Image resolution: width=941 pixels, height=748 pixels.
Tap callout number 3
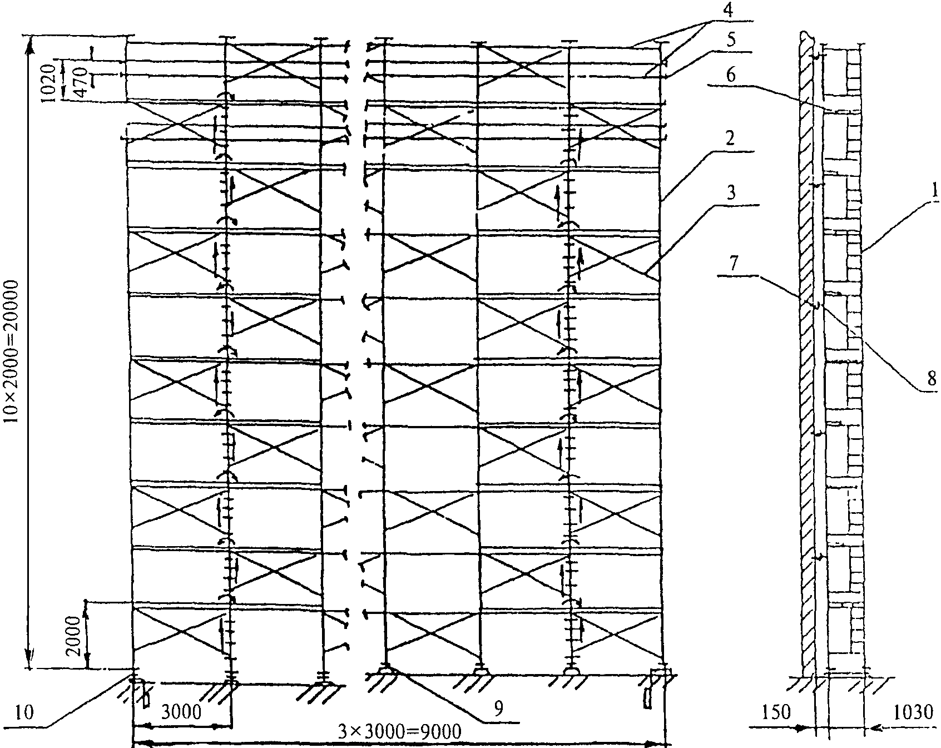(x=731, y=194)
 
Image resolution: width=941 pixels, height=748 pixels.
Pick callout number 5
(x=730, y=40)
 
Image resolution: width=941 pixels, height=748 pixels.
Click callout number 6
(x=731, y=76)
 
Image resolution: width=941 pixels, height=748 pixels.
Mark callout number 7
(x=735, y=264)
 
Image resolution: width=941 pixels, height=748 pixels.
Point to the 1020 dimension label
(x=48, y=82)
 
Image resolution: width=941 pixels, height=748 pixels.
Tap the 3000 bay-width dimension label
(x=181, y=712)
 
